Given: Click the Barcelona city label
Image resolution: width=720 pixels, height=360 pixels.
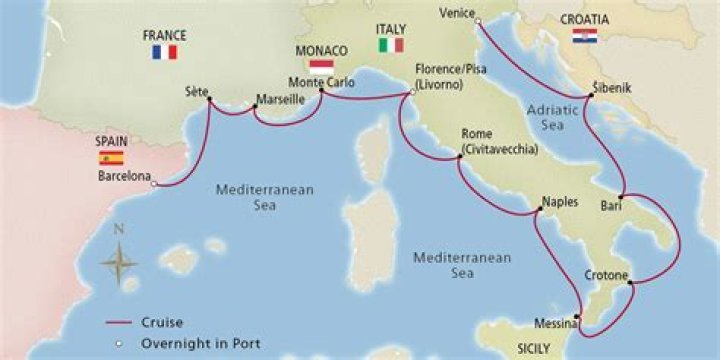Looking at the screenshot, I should (x=123, y=176).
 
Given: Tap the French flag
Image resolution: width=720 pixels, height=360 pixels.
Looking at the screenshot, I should (x=164, y=52).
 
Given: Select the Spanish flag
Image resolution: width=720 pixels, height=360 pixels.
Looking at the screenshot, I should (x=111, y=158).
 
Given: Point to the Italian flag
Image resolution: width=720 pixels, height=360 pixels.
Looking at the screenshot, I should (x=390, y=46).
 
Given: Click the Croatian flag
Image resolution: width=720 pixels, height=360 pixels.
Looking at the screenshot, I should (x=585, y=36).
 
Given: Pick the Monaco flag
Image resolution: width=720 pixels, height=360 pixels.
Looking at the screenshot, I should (x=322, y=67).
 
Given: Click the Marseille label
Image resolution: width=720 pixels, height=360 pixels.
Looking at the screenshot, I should (x=280, y=100).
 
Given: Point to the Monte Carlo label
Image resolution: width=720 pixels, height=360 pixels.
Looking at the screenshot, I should (x=320, y=82).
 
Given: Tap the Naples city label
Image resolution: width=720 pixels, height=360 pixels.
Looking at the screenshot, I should (x=559, y=201).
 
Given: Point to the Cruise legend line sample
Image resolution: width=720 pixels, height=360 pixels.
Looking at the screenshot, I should (x=121, y=322).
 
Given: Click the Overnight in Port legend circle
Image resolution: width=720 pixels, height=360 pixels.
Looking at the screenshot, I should (x=119, y=343).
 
